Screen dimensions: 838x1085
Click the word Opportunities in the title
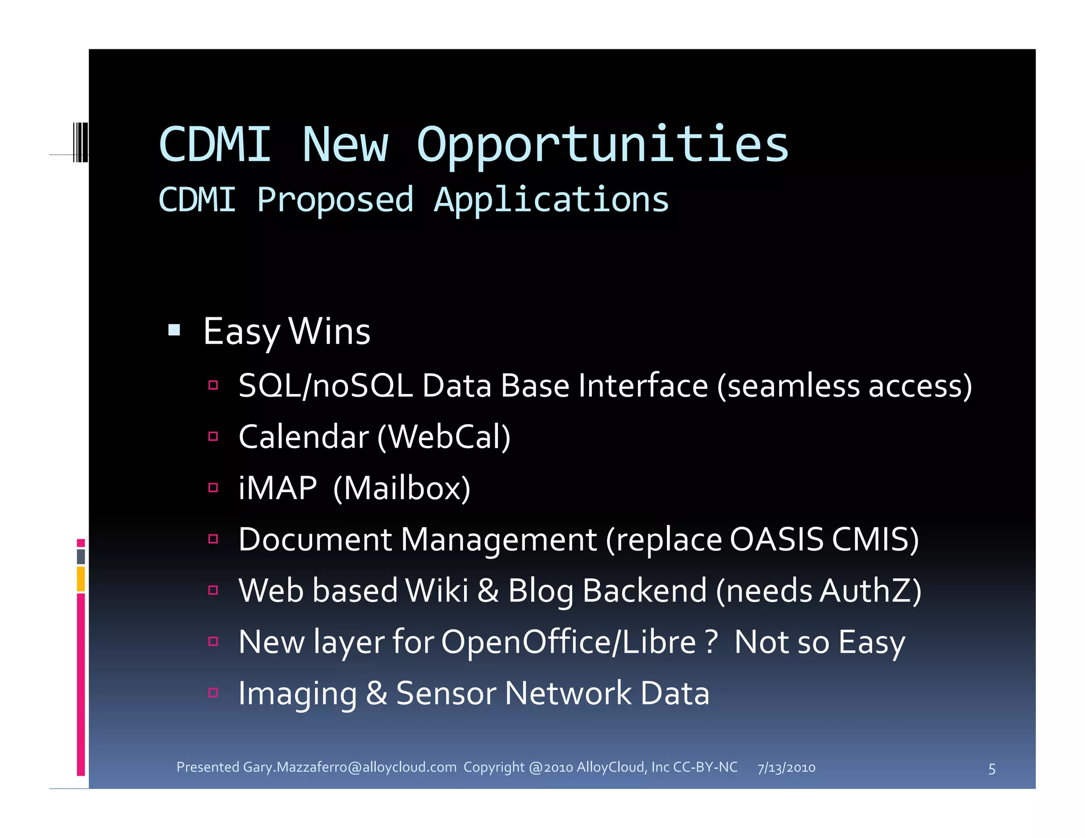pos(602,145)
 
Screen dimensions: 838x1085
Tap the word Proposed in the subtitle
pos(335,200)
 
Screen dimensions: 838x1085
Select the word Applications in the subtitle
pos(551,200)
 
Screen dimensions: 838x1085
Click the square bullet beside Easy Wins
pos(174,331)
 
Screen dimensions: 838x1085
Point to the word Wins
pos(330,332)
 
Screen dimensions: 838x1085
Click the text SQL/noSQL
pos(325,386)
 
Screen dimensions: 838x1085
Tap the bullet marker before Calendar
pos(214,436)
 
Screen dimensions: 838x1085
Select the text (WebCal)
pos(444,437)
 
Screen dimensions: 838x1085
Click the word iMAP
pos(278,488)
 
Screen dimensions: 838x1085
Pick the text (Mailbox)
pos(402,488)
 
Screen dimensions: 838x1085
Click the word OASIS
pos(776,539)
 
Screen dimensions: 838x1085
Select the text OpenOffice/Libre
pos(568,642)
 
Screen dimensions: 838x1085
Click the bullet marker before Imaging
pos(214,692)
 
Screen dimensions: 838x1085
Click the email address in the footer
pos(350,767)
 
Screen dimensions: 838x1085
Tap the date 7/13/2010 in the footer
pos(786,768)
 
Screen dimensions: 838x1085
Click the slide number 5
pos(992,769)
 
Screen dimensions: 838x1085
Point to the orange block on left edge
pos(81,578)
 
